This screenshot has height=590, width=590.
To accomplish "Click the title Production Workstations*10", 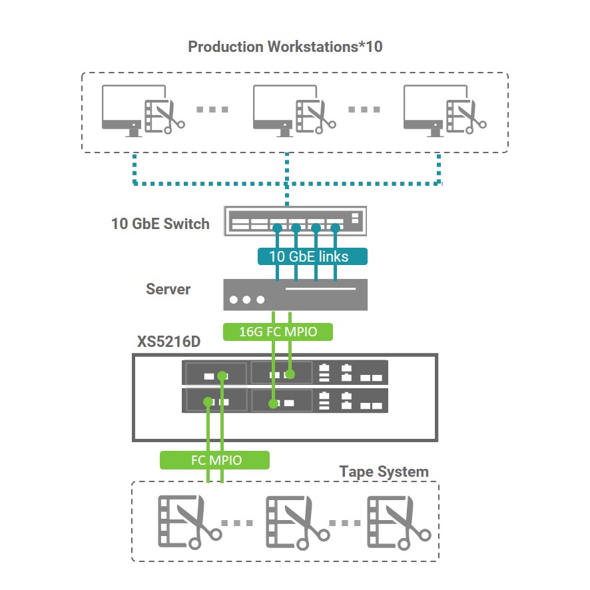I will click(x=285, y=47).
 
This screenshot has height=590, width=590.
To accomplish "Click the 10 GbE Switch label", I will click(x=160, y=224).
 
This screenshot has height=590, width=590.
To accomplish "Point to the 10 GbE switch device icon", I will click(x=294, y=218).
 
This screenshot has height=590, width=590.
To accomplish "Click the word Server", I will click(x=168, y=289).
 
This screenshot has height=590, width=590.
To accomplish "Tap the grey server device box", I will click(x=294, y=294).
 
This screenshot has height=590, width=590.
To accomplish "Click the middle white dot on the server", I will click(x=247, y=300).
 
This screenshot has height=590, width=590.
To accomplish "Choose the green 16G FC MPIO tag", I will click(x=277, y=331).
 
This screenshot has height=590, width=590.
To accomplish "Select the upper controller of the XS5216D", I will click(x=285, y=372).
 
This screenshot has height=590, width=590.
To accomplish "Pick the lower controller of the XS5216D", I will click(x=285, y=400).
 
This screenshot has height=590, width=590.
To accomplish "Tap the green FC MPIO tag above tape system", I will click(x=214, y=460).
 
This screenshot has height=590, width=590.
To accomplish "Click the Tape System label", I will click(x=384, y=471).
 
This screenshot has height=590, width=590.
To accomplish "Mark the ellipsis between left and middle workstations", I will click(x=212, y=109).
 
